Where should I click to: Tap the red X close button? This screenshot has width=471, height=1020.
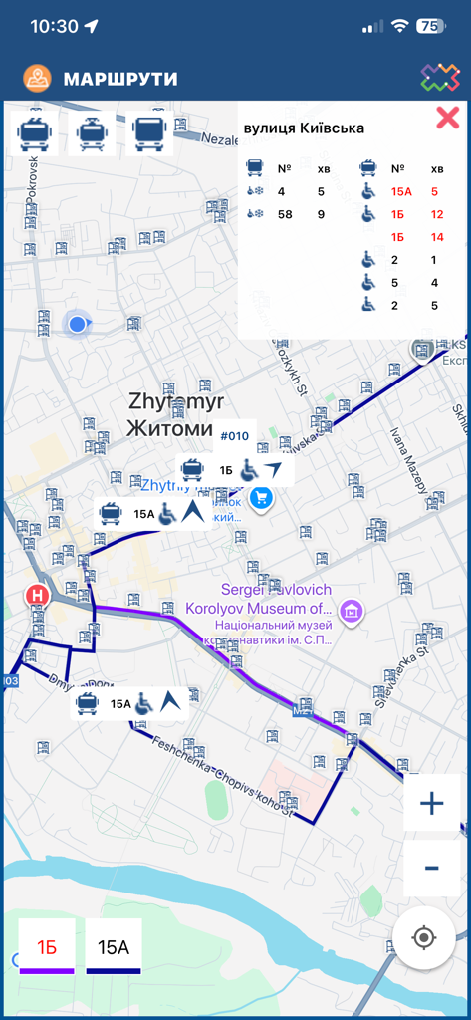pos(447,119)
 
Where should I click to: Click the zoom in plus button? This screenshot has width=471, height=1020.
pos(431,803)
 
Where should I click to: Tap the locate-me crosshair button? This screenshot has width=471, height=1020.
pos(424,937)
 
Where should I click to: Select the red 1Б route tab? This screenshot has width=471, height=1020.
pos(47,947)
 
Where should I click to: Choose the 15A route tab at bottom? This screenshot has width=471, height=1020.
pos(113,947)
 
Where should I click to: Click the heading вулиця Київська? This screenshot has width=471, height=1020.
pos(304,127)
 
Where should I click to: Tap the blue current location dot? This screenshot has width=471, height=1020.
pos(77,323)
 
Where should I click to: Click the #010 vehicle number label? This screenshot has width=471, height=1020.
pos(234,436)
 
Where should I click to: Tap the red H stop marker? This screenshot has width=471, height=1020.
pos(37,596)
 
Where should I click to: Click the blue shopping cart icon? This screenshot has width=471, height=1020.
pos(262,498)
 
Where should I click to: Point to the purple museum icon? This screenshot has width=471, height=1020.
pos(350,609)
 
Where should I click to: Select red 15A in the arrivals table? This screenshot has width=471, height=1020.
pos(401,191)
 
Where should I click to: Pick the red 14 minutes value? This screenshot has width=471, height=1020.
pos(437,237)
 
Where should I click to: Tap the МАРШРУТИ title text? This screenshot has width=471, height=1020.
pos(119,79)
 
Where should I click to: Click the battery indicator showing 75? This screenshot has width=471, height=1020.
pos(431,27)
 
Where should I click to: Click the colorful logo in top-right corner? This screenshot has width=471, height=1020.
pos(439,78)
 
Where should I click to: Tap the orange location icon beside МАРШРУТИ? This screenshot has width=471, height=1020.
pos(38,79)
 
